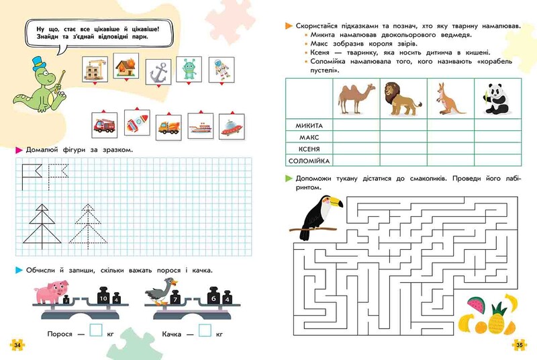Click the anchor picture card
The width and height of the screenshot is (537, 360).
tap(158, 72)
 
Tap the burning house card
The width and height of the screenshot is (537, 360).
tap(126, 66)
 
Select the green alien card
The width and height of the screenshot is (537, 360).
tap(189, 69)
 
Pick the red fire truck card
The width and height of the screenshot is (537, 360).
tap(105, 125)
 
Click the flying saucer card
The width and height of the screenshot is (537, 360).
tap(232, 127)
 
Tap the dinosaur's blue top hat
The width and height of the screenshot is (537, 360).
tap(39, 64)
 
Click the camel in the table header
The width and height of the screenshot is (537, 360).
tap(356, 99)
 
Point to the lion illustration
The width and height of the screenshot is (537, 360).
tap(402, 99)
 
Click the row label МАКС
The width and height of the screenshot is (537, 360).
tap(309, 138)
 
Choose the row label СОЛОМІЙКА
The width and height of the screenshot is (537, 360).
tap(309, 161)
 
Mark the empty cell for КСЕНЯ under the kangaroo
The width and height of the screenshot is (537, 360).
tap(450, 149)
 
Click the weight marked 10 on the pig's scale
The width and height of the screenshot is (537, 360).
tap(103, 296)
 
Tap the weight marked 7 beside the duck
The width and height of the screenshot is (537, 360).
tap(175, 298)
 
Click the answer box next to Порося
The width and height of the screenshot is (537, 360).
tap(96, 330)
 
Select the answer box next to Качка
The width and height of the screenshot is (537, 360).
tap(205, 330)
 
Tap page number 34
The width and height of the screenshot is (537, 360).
tap(17, 345)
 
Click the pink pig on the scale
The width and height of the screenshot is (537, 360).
tap(52, 292)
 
